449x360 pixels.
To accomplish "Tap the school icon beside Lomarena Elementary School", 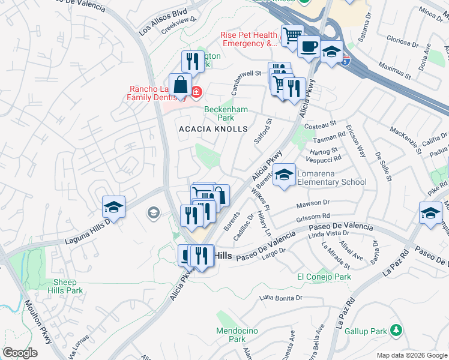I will coord(285,175).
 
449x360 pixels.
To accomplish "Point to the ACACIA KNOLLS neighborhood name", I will coord(213,129).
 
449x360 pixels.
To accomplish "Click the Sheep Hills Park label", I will coord(68,286).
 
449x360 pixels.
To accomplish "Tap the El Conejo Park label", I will coord(324,277).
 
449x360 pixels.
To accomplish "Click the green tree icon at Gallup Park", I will coord(395,330).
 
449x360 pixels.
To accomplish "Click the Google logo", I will coord(20,353).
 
